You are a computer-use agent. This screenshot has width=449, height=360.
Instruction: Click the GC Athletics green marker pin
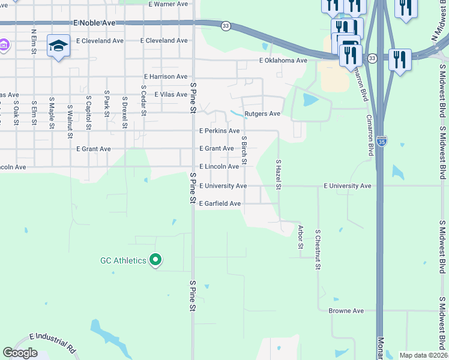[x=155, y=260]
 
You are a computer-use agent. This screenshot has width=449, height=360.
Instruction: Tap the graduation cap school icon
[x=58, y=46]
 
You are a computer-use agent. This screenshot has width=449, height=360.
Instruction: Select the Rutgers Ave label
[x=262, y=113]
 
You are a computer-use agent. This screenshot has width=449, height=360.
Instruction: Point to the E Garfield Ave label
[x=220, y=204]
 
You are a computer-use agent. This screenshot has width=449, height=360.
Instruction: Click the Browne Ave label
[x=346, y=311]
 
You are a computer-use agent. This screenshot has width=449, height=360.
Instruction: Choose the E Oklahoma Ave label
[x=283, y=61]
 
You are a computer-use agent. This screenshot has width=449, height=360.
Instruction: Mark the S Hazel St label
[x=279, y=173]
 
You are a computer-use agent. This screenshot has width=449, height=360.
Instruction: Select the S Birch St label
[x=244, y=152]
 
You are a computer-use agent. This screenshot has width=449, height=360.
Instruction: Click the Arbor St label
[x=301, y=237]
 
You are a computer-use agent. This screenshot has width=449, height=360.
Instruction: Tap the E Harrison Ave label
[x=166, y=77]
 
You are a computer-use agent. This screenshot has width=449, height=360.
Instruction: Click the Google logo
[x=20, y=353]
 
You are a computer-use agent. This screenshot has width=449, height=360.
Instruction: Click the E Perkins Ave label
[x=219, y=131]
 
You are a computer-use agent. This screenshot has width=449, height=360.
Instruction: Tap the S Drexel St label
[x=125, y=112]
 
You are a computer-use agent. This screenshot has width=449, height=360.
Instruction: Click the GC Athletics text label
[x=122, y=260]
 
